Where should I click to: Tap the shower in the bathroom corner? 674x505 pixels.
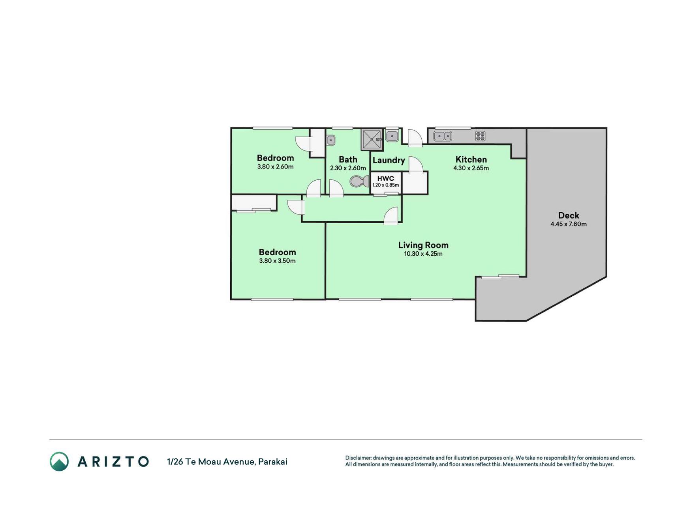point(372,139)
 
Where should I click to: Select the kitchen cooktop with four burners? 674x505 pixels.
point(480,136)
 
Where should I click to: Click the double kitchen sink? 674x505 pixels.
point(443,136)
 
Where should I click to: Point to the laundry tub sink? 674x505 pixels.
point(392,136)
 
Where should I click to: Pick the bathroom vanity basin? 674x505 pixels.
point(331,140)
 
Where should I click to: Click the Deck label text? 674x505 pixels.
point(569,215)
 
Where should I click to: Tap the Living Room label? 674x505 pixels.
point(423,245)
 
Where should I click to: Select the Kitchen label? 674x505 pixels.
point(471,159)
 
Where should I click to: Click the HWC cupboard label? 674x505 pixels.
point(386,178)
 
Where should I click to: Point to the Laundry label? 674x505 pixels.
point(389,160)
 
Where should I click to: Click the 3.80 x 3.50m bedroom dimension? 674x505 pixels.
point(277,261)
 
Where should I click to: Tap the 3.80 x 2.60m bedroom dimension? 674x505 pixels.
point(275,166)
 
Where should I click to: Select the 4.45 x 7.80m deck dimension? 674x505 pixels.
point(569,224)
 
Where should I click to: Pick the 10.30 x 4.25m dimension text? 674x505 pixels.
point(423,254)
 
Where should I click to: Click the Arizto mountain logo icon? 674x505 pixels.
point(59,462)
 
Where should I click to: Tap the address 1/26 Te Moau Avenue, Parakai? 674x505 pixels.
point(227,462)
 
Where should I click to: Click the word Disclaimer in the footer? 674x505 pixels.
point(358,458)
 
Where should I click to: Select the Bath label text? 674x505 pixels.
point(348,159)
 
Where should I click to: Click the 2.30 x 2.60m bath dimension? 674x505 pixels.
point(348,168)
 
